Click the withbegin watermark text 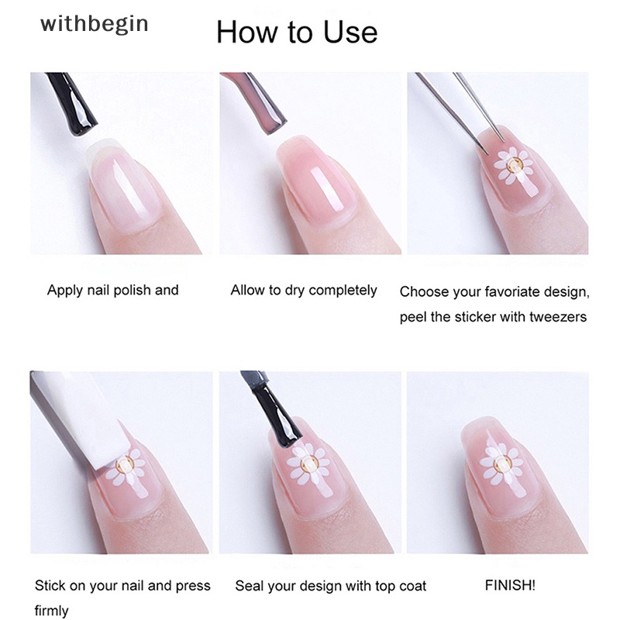pos(94,25)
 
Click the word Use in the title pos(350,32)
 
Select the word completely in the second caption pos(343,291)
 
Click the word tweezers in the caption pos(558,317)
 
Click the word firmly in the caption pos(51,610)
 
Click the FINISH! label pos(510,585)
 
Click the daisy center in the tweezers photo pos(514,164)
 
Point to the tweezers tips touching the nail pos(494,146)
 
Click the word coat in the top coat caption pos(413,586)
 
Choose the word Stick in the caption pos(50,586)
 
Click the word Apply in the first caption pos(65,291)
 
